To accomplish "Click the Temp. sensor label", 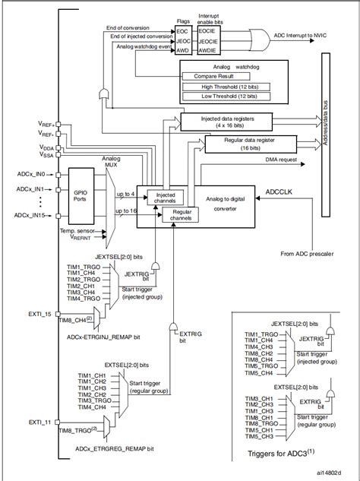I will coord(79,229).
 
